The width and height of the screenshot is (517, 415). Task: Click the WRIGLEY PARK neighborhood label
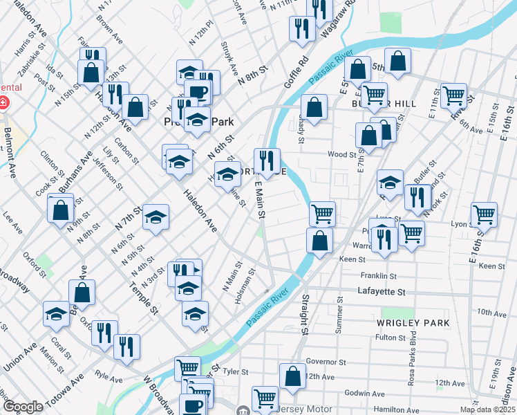click(413, 323)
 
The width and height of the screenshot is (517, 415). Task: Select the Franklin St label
click(372, 275)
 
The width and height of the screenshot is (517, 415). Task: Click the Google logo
click(22, 407)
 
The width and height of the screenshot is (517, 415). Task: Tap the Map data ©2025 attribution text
click(487, 409)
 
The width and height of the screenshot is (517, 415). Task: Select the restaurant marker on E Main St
click(267, 161)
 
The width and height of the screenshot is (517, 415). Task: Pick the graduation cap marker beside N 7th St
click(156, 216)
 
